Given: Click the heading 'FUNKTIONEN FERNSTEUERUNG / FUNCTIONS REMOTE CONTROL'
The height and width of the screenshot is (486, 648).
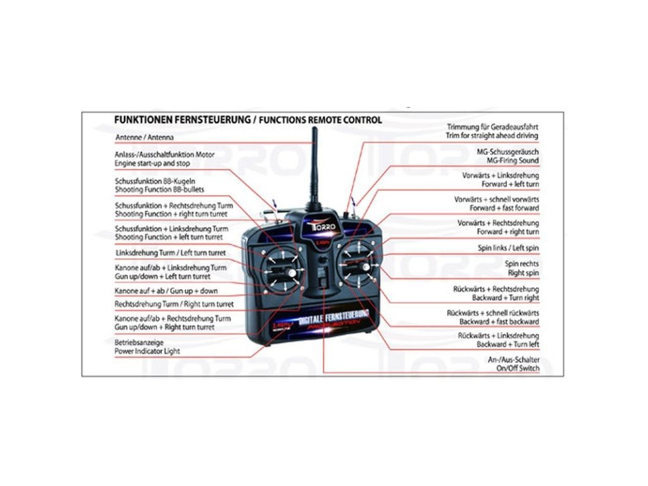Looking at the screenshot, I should pyautogui.click(x=247, y=119).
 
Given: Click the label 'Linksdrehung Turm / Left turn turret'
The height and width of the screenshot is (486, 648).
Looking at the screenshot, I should pyautogui.click(x=170, y=252).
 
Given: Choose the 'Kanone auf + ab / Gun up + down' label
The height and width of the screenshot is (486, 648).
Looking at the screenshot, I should pyautogui.click(x=166, y=290).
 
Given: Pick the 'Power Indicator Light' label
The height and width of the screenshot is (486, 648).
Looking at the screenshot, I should pyautogui.click(x=147, y=351).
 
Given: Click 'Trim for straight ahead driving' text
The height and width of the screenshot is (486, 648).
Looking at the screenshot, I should pyautogui.click(x=492, y=135).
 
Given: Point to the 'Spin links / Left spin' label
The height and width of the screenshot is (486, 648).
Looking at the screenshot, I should pyautogui.click(x=508, y=248).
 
